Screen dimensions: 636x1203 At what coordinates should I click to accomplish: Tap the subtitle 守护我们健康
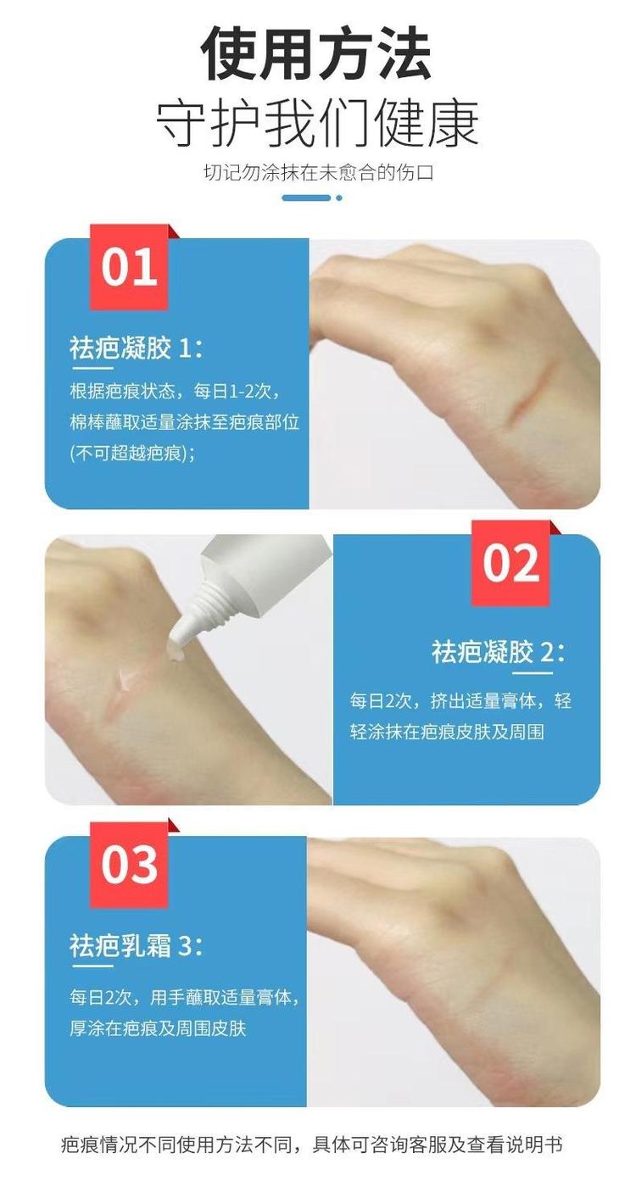click(317, 124)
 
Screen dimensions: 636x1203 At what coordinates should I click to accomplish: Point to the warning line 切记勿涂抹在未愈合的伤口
click(318, 173)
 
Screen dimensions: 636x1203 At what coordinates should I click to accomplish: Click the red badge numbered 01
click(129, 267)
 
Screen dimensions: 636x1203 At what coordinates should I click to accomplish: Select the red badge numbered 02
click(510, 563)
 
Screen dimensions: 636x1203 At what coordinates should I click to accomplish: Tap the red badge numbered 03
click(129, 865)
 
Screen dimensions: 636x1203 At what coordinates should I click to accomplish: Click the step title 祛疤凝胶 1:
click(137, 348)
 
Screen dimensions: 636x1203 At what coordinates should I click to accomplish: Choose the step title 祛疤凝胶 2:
click(499, 652)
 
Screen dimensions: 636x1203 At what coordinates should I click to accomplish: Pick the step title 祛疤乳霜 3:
click(137, 946)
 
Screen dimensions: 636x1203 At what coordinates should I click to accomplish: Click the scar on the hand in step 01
click(527, 398)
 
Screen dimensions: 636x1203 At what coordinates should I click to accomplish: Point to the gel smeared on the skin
click(127, 678)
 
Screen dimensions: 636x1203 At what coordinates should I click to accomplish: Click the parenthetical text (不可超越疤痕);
click(132, 454)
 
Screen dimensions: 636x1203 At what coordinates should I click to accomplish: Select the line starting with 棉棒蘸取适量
click(184, 423)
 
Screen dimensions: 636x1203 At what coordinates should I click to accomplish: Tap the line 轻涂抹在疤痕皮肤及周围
click(447, 732)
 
